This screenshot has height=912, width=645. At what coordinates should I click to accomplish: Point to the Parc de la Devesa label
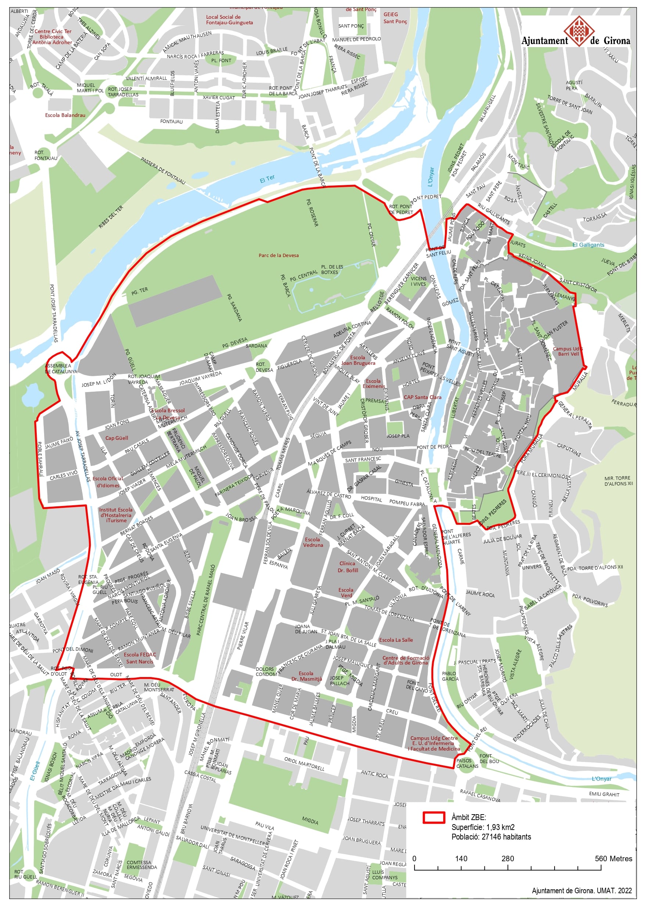(279, 255)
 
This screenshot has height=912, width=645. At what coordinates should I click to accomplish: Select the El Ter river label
(267, 179)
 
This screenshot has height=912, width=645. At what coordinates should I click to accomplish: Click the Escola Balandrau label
(65, 115)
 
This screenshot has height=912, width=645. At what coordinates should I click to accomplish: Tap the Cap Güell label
(117, 438)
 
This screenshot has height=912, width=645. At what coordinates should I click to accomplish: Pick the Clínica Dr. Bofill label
(348, 567)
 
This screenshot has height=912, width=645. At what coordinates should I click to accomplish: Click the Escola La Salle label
(395, 640)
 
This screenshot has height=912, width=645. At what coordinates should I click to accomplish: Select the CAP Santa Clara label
(422, 397)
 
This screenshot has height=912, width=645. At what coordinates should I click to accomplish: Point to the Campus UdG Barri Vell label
(568, 351)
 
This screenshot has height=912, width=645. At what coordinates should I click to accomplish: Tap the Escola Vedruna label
(313, 542)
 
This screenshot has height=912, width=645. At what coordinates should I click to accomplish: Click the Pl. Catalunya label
(427, 483)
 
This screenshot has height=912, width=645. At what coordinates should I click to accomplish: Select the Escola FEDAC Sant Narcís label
(140, 658)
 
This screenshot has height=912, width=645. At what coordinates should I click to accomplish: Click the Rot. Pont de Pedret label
(401, 209)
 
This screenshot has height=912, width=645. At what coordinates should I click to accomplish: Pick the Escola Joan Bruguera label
(358, 360)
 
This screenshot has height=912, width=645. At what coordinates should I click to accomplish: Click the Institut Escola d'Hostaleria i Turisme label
(116, 514)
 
